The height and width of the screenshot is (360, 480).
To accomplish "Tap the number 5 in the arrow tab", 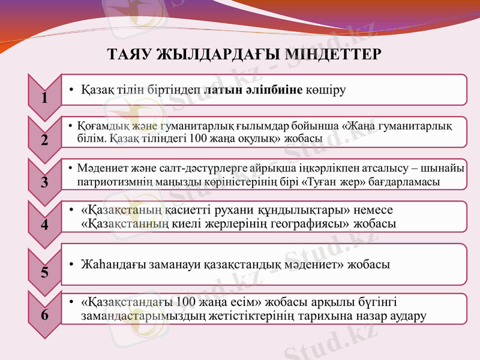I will point(45,272).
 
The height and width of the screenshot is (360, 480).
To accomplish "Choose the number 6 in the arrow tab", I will point(45,314).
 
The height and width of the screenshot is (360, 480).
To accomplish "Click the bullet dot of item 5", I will point(71,265).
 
